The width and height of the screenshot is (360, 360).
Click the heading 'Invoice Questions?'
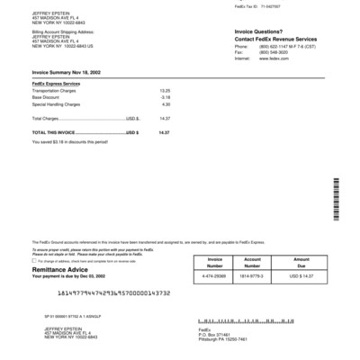pyautogui.click(x=260, y=31)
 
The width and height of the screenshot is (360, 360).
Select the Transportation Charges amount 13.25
pyautogui.click(x=165, y=91)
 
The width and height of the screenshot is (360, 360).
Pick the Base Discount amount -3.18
pyautogui.click(x=166, y=97)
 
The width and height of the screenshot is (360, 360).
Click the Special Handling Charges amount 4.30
pyautogui.click(x=166, y=104)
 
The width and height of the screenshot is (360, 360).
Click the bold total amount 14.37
pyautogui.click(x=164, y=132)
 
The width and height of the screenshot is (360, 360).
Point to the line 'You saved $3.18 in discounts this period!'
pyautogui.click(x=69, y=141)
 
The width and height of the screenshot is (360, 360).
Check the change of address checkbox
pyautogui.click(x=34, y=261)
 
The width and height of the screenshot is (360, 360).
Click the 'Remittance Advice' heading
pyautogui.click(x=62, y=269)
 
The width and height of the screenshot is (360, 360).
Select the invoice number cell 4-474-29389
pyautogui.click(x=215, y=276)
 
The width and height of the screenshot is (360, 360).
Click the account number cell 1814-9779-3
pyautogui.click(x=252, y=276)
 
